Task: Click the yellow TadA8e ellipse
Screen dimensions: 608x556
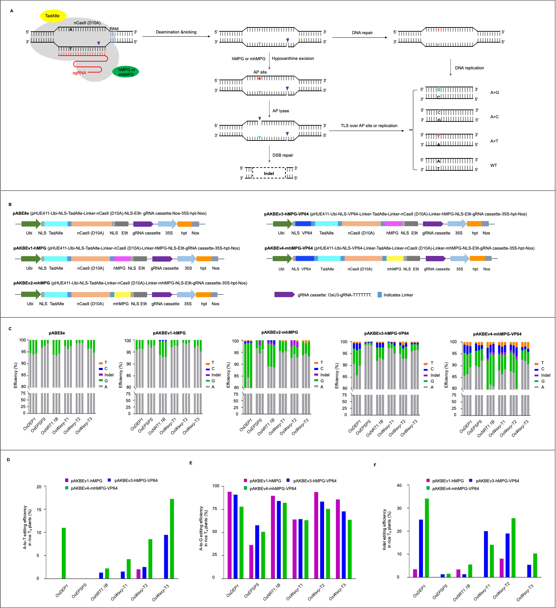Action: [53, 16]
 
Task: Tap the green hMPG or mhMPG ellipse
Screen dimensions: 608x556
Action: [126, 72]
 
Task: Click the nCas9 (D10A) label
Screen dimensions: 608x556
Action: [87, 23]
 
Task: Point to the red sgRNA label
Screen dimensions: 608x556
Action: [80, 73]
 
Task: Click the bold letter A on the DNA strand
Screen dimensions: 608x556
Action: [71, 30]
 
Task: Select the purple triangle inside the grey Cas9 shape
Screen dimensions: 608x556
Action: [99, 43]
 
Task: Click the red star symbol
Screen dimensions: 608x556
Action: [259, 79]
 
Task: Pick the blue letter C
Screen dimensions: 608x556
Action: [439, 113]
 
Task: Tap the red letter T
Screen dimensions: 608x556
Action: [438, 137]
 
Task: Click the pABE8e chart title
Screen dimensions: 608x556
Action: [57, 333]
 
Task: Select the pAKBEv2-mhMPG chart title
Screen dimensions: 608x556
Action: [279, 332]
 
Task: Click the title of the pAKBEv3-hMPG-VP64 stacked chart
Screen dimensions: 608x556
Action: [386, 333]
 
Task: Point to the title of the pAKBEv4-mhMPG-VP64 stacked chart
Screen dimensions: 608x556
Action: [497, 334]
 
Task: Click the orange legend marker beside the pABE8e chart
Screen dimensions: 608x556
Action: [101, 363]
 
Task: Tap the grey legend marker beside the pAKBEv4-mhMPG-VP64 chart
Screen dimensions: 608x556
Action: [536, 387]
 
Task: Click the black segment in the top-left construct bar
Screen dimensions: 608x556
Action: [131, 224]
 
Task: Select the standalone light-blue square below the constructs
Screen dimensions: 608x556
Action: [379, 295]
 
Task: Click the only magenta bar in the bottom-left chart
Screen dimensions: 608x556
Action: [138, 573]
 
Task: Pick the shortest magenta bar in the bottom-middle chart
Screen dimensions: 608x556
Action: [251, 562]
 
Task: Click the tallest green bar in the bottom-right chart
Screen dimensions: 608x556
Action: [427, 538]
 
